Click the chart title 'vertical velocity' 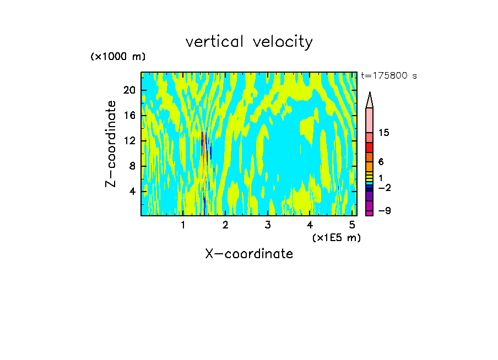pyautogui.click(x=249, y=42)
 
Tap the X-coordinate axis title pyautogui.click(x=249, y=254)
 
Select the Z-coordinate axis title pyautogui.click(x=111, y=144)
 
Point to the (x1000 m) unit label pyautogui.click(x=118, y=57)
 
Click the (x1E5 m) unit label pyautogui.click(x=336, y=237)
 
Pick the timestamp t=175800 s pyautogui.click(x=389, y=76)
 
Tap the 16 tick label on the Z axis pyautogui.click(x=128, y=115)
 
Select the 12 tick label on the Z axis pyautogui.click(x=128, y=140)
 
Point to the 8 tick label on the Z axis pyautogui.click(x=131, y=166)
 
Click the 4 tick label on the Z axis pyautogui.click(x=131, y=191)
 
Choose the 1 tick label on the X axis pyautogui.click(x=183, y=225)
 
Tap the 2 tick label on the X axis pyautogui.click(x=225, y=225)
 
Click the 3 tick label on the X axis pyautogui.click(x=268, y=225)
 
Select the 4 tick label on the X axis pyautogui.click(x=310, y=225)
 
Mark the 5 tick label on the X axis pyautogui.click(x=353, y=225)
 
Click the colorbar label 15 pyautogui.click(x=384, y=133)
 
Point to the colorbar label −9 pyautogui.click(x=384, y=211)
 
